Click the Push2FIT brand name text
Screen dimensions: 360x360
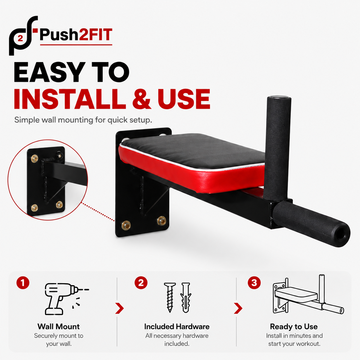tap(76, 35)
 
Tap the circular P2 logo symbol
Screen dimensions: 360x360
tap(23, 36)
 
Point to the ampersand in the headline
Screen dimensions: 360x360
tap(142, 99)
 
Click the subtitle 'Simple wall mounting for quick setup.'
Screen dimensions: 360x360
tap(83, 120)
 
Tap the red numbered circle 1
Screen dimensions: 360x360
tap(23, 283)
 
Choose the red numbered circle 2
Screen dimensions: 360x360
tap(141, 283)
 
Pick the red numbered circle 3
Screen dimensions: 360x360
tap(254, 283)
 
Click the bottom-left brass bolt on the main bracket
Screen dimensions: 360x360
tap(126, 225)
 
